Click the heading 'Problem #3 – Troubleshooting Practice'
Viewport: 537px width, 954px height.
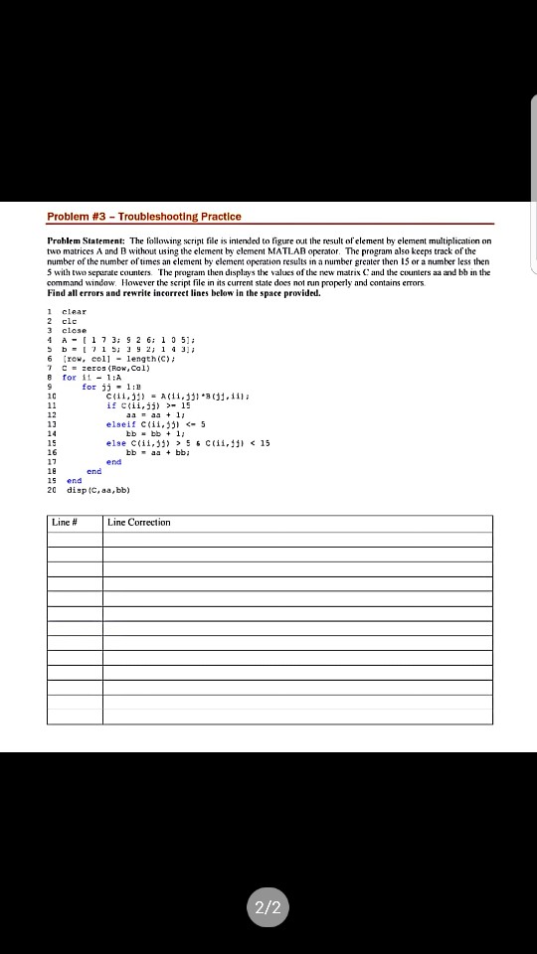144,217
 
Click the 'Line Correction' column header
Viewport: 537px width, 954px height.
139,523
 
